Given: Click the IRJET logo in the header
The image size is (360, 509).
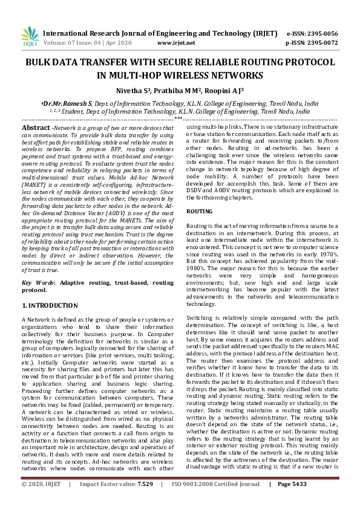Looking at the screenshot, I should pos(30,37).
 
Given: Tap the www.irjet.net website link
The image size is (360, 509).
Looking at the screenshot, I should pos(176,44).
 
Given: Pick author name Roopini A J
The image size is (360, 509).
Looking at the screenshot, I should pos(223,90).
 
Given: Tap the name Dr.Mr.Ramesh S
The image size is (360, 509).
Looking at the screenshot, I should pos(68,103).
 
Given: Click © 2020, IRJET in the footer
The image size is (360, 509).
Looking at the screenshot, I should pos(42,501).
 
